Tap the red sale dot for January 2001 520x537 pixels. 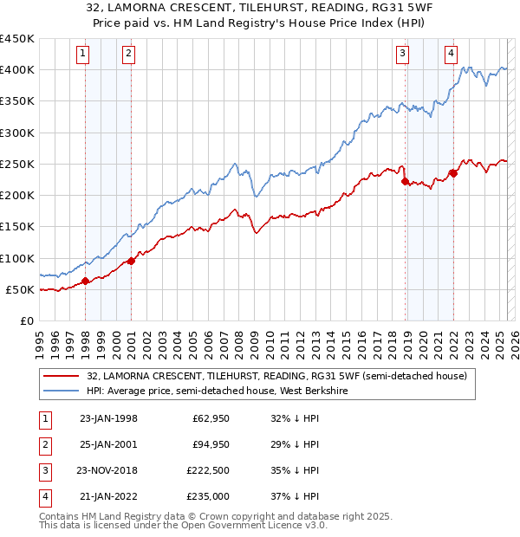(131, 261)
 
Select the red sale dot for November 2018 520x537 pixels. (405, 181)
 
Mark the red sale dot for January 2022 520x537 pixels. (453, 173)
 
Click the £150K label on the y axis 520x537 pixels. (17, 227)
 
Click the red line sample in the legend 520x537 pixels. (60, 376)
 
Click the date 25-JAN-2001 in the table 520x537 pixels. (108, 444)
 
